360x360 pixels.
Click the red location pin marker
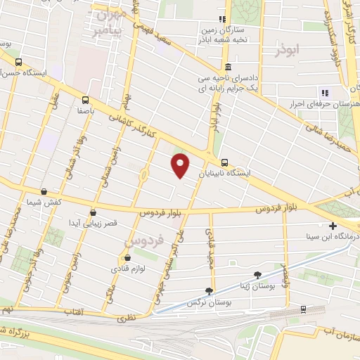coord(181,165)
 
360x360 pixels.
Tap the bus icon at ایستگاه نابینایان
coord(224,161)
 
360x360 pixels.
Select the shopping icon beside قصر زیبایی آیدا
coord(93,212)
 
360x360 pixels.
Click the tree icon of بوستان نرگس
coord(209,291)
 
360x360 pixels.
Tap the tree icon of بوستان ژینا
coord(257,274)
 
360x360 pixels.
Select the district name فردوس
coord(144,240)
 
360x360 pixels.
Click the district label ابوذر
coord(288,51)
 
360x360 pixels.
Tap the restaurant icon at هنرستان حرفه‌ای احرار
coord(324,93)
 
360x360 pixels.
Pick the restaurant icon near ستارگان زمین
coord(222,20)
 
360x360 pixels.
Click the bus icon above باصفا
coord(85,100)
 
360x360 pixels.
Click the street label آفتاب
coord(74,310)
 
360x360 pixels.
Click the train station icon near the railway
coord(303,308)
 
